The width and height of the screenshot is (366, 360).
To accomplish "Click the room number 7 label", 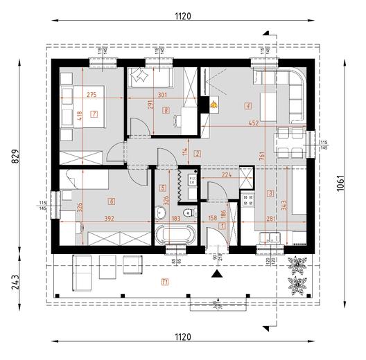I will pos(94,113).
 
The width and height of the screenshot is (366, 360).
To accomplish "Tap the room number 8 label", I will pos(166,110).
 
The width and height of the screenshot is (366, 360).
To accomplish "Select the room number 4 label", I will pos(247,106).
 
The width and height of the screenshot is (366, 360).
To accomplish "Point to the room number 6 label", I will pos(112,201).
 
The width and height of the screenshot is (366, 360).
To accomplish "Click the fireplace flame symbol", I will pos(216,106).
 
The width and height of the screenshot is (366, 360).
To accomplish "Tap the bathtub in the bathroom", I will pos(174,235).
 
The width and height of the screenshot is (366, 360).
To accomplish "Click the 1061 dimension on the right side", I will pos(342,185).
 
